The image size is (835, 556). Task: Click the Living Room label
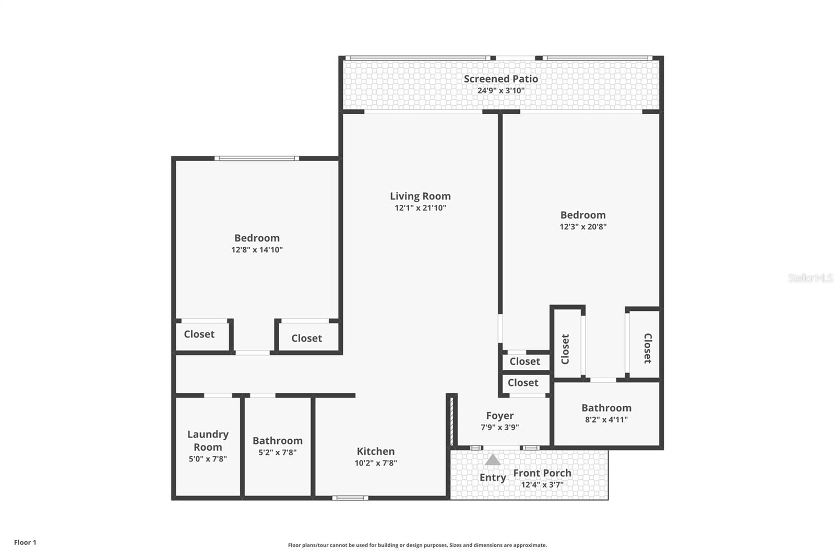pos(420,196)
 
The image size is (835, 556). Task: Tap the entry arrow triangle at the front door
pos(493,460)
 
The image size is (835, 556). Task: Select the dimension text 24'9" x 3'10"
pos(500,90)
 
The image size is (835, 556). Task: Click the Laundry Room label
pos(208,440)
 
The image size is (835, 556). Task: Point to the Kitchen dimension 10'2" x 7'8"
pos(376,463)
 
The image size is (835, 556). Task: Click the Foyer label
pos(499,416)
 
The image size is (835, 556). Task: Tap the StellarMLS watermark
pos(810,278)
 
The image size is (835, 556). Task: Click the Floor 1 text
pos(25,542)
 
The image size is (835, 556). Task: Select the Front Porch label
pos(542,473)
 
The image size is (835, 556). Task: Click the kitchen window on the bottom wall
pos(350,498)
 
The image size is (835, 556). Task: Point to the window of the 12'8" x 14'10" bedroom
pos(256,158)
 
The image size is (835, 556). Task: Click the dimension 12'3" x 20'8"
pos(583,226)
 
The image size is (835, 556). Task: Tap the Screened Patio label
pos(500,79)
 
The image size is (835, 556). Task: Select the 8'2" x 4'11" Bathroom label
pos(606,408)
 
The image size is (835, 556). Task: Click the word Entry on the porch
pos(493,477)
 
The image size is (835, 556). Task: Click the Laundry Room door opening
pos(218,395)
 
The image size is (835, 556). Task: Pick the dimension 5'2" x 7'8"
pos(278,452)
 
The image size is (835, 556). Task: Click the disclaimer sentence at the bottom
pos(417,545)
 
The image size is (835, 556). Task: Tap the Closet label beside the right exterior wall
pos(647,348)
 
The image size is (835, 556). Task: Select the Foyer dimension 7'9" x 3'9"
pos(499,427)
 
